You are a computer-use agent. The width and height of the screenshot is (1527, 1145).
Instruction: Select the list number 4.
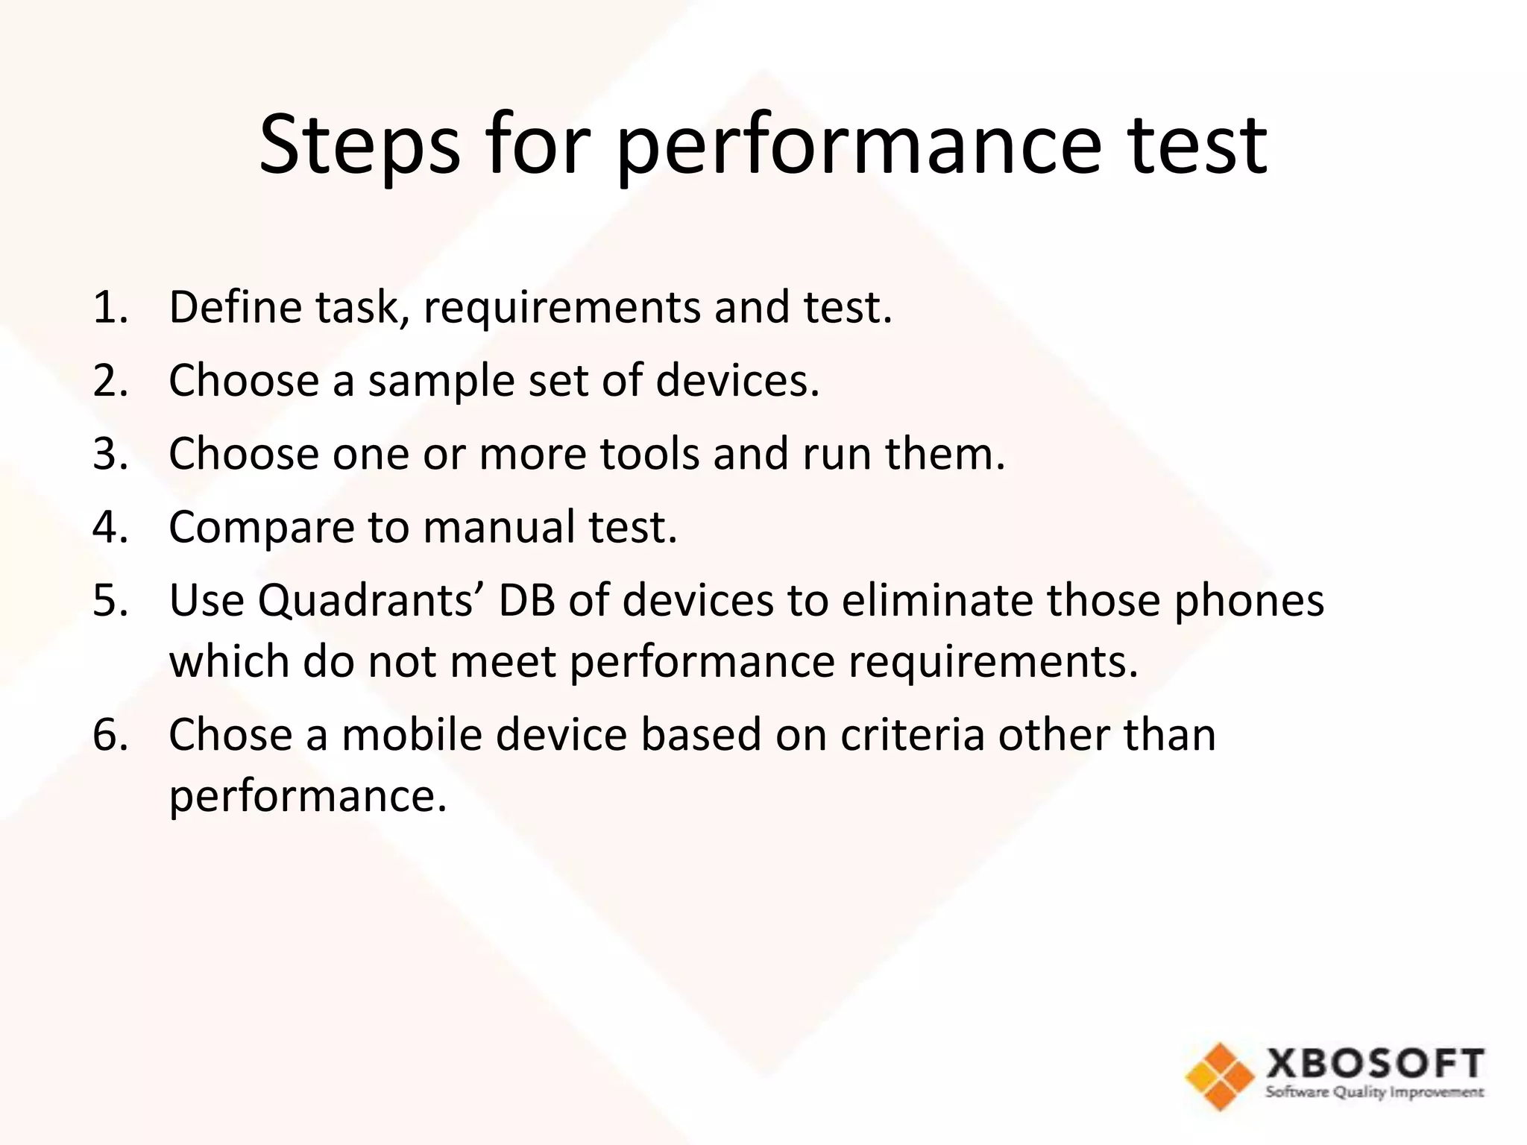coord(110,527)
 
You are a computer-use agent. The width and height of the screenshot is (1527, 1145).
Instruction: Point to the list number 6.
coord(110,734)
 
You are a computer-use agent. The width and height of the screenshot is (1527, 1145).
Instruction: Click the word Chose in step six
coord(230,734)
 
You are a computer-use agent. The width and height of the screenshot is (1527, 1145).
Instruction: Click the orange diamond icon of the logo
coord(1220,1076)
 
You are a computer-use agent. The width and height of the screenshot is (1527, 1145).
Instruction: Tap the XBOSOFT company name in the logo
coord(1375,1063)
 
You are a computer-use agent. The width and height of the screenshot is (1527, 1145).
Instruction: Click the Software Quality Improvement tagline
coord(1375,1093)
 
